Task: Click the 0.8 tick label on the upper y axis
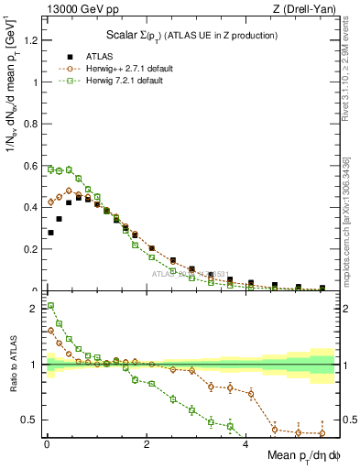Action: (31, 124)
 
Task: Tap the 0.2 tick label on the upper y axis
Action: (31, 249)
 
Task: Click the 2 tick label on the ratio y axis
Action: (36, 309)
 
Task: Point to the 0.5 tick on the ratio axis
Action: (31, 420)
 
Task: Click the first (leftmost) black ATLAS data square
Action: (50, 233)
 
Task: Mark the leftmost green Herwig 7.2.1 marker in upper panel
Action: (50, 169)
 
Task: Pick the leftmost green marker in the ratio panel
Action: (50, 306)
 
